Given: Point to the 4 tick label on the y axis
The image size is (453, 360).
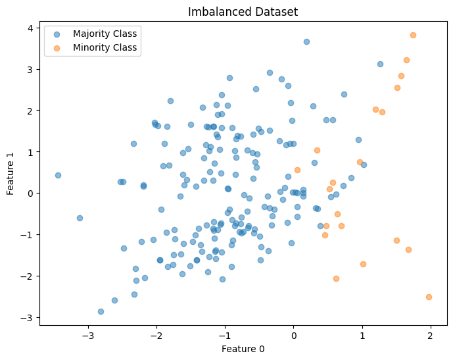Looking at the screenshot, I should tap(30, 28).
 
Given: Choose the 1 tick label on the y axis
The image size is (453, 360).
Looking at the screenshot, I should tap(30, 152).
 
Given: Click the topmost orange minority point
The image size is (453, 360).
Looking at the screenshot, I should tap(413, 35).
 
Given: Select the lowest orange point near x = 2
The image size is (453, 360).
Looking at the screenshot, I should tap(429, 297).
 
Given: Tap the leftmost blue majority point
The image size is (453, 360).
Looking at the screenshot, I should tap(58, 175).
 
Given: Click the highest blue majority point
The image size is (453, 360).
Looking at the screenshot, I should tap(306, 41).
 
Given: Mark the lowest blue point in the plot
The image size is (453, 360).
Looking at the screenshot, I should tap(101, 311).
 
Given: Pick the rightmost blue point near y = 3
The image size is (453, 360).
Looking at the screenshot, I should tap(380, 64).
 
